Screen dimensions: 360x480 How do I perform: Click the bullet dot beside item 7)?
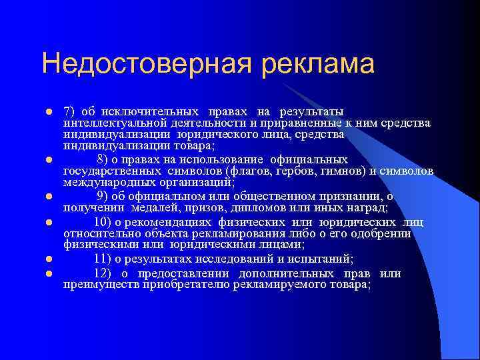[x=49, y=111]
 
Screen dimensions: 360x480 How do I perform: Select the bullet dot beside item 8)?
[x=49, y=160]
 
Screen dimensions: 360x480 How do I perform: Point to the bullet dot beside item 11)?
[x=49, y=259]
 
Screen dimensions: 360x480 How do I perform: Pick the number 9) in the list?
[x=102, y=195]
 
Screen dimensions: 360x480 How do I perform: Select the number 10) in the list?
[x=103, y=222]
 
